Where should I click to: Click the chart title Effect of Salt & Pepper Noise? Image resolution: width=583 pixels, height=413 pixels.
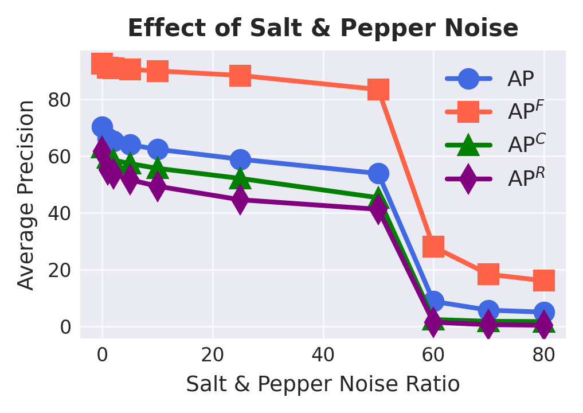coord(323,29)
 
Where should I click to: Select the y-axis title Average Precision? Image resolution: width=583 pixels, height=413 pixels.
coord(26,195)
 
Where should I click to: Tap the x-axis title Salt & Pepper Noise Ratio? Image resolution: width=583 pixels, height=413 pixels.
coord(323,384)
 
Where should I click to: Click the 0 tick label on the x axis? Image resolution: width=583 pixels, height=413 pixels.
coord(102,355)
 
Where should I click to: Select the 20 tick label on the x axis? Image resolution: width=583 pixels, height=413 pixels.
coord(213,355)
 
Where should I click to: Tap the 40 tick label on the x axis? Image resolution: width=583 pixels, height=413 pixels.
coord(323,355)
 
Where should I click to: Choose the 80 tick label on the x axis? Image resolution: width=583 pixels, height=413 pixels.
coord(544,355)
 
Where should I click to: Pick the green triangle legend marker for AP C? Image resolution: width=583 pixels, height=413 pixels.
coord(469,145)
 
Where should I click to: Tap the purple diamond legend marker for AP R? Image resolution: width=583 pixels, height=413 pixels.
coord(469,178)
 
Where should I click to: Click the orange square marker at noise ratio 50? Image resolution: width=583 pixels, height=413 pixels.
coord(378,89)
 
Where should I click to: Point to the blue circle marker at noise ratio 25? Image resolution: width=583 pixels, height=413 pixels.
coord(240,159)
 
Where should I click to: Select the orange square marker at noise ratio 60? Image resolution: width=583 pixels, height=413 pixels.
coord(433,246)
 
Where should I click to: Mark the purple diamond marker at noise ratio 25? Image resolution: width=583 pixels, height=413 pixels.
coord(240,200)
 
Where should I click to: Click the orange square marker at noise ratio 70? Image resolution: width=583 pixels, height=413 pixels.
coord(488,274)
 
